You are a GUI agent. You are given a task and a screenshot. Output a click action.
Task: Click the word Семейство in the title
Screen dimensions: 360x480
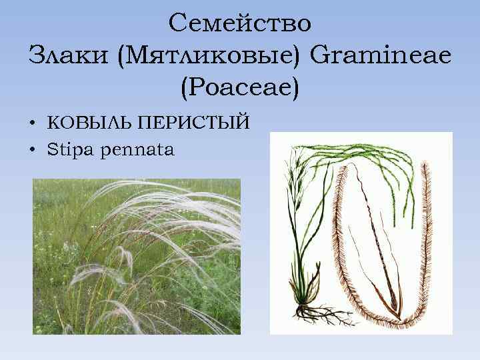(240, 23)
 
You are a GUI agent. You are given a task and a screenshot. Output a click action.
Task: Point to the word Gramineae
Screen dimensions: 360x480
(381, 54)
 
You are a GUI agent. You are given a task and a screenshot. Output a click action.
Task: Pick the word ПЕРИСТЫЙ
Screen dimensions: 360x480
(193, 123)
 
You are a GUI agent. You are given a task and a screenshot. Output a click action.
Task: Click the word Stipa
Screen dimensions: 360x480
(70, 150)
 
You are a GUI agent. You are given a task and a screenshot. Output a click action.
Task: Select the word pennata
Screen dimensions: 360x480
(137, 151)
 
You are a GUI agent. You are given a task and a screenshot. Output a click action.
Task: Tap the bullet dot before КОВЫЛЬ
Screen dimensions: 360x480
(32, 123)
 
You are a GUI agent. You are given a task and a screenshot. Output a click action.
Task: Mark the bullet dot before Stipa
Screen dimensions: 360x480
(32, 151)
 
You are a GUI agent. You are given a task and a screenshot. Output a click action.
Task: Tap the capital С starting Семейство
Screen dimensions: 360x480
(177, 23)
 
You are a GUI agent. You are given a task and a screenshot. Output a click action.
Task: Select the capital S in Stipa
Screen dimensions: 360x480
(51, 150)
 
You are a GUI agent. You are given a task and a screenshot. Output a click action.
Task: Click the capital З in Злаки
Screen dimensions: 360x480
(36, 54)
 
